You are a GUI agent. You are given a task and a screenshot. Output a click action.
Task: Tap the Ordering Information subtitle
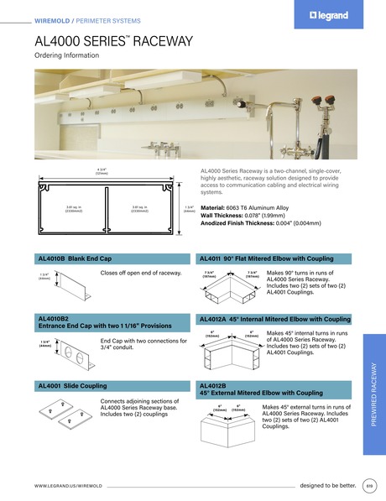(x=66, y=55)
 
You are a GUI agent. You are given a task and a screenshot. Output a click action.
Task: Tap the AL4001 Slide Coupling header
(x=71, y=385)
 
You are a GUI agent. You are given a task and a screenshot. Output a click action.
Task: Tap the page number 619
(x=369, y=485)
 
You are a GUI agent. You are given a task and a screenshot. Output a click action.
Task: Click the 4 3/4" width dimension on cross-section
(x=102, y=170)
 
